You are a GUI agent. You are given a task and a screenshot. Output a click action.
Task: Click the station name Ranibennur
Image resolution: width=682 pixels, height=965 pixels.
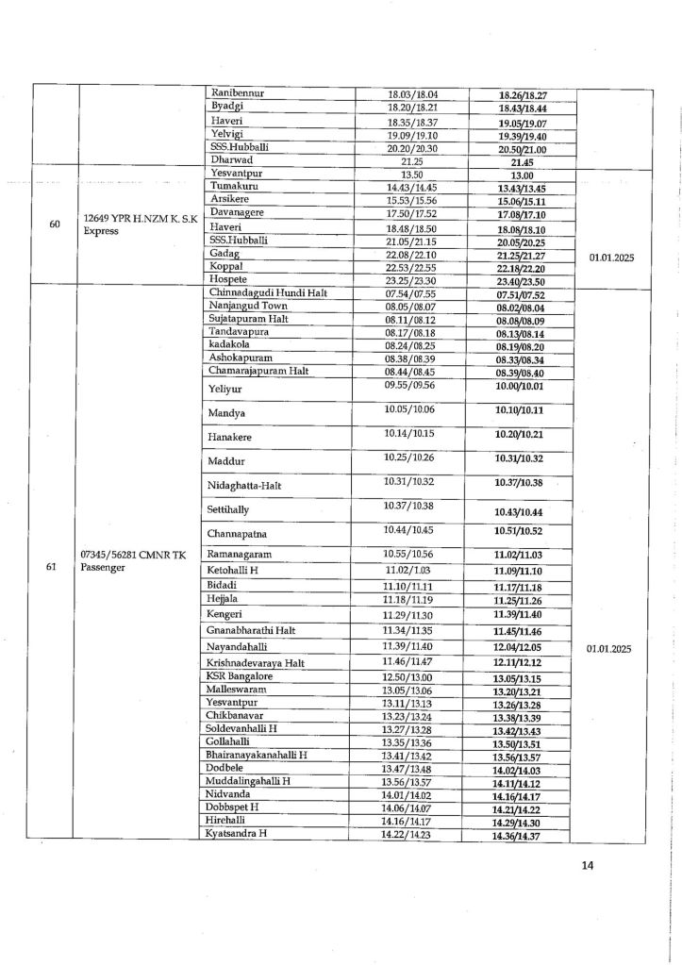[x=236, y=93]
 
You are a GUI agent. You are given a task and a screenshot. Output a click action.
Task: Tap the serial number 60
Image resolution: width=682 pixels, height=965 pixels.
[x=55, y=224]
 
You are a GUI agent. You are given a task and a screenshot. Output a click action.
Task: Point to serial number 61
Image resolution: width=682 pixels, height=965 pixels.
[x=55, y=568]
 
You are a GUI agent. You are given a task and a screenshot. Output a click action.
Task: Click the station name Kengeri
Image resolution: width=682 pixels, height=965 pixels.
[x=227, y=614]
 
